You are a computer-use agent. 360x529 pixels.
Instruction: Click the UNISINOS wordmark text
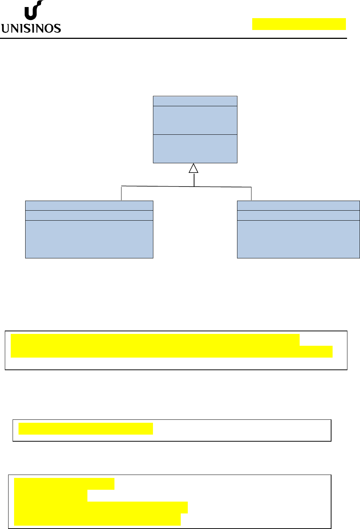(31, 29)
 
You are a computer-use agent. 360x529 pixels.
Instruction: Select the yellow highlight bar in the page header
(299, 24)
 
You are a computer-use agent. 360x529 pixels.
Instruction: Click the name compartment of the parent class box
(195, 101)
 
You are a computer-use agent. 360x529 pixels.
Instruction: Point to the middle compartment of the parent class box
(195, 120)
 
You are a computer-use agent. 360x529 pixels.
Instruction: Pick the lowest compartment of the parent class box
(195, 149)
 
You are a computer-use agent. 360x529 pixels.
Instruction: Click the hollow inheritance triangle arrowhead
(193, 168)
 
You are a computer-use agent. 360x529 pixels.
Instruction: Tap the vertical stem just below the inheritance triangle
(194, 180)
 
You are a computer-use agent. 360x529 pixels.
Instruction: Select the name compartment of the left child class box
(89, 206)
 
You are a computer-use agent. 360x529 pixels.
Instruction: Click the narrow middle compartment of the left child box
(89, 215)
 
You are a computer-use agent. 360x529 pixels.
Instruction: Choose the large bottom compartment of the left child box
(89, 239)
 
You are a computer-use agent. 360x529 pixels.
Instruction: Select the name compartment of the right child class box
(299, 206)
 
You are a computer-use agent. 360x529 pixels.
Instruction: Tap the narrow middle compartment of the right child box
(299, 215)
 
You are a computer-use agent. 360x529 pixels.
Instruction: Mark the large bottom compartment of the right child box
(299, 239)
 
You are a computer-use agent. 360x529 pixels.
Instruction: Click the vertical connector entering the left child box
(121, 193)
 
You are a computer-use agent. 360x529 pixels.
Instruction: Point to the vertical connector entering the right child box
(251, 194)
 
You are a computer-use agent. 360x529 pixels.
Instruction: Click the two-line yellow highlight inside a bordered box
(171, 346)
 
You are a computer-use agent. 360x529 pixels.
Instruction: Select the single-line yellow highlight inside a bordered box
(86, 429)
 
